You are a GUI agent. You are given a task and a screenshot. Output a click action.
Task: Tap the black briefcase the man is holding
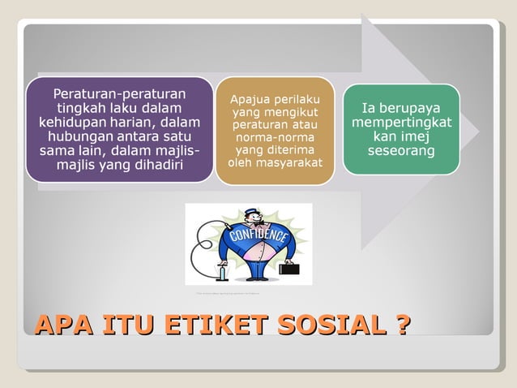[x=289, y=268]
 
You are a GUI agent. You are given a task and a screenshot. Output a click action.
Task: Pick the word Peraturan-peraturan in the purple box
[x=119, y=93]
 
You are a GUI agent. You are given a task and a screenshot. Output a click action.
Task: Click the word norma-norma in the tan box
[x=275, y=139]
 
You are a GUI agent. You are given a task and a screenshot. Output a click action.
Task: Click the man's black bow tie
[x=253, y=226]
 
